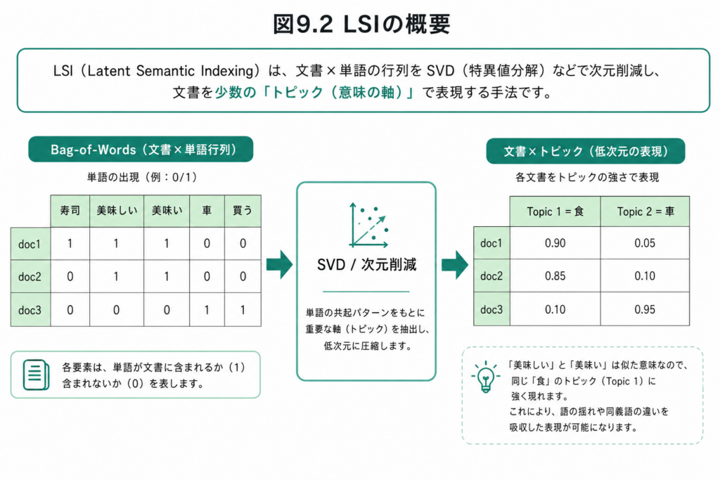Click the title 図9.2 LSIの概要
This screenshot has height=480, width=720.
point(361,24)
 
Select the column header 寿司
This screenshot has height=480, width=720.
point(70,211)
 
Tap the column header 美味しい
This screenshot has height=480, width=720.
point(117,211)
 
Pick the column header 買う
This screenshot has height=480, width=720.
point(243,211)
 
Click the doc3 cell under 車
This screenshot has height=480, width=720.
point(207,310)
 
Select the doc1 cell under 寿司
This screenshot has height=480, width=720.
point(70,243)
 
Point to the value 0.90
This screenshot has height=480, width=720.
point(555,243)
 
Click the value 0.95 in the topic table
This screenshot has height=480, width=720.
point(645,310)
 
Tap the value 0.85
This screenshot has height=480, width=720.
point(555,276)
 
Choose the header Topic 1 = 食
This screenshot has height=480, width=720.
point(555,212)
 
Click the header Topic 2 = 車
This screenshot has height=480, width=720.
point(645,212)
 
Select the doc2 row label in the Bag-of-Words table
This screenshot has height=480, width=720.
point(30,277)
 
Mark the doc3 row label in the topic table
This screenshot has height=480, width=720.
point(491,310)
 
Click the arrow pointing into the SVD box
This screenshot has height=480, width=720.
point(280,265)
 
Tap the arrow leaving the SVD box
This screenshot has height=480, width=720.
point(455,265)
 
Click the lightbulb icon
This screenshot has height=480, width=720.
point(485,377)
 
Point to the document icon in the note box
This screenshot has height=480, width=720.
point(37,375)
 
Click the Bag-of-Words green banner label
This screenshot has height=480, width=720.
point(141,149)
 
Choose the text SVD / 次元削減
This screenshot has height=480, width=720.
point(366,265)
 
